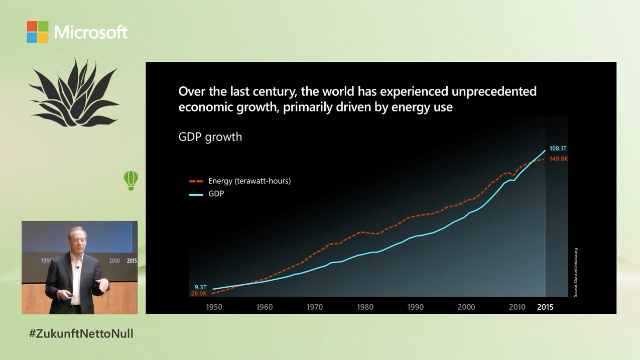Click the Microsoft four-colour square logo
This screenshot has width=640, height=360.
38,32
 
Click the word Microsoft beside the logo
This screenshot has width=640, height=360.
91,33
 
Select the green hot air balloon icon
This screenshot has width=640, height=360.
131,180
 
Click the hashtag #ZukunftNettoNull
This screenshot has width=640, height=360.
81,334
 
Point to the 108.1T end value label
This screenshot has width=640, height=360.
558,149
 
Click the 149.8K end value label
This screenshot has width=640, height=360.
558,159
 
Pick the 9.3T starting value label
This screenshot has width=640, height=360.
201,287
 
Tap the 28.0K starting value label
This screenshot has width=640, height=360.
199,294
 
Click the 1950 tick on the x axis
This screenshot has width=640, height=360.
214,307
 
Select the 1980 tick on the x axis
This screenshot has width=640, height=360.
365,307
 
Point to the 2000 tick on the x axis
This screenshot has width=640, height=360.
466,307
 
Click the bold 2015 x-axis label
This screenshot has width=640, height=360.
545,307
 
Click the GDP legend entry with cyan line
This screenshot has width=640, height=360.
216,194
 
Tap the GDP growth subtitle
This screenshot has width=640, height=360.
210,137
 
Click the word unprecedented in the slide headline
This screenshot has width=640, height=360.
494,91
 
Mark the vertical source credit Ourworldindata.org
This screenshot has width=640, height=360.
576,272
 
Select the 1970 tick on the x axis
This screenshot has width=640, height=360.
315,307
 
